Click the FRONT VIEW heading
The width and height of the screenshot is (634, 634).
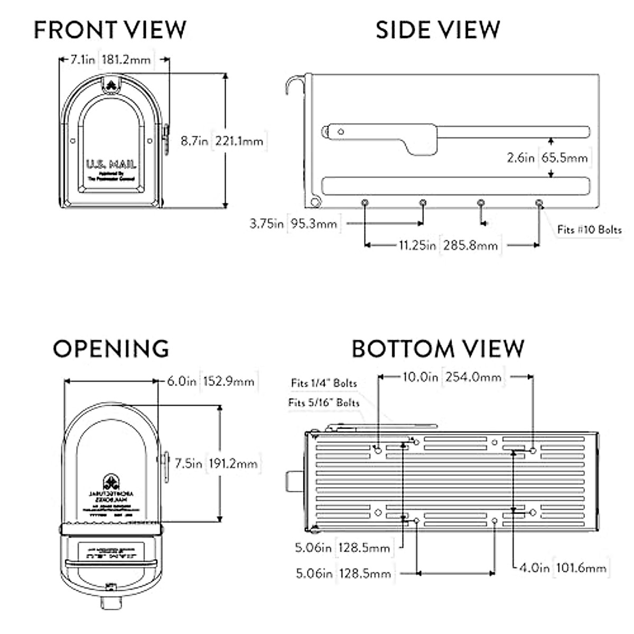(x=110, y=30)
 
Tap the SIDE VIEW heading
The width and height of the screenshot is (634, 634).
(x=437, y=30)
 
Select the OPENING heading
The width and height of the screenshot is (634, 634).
(x=111, y=349)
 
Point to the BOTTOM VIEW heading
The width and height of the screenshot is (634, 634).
(x=438, y=349)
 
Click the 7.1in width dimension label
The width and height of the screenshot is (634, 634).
(x=83, y=60)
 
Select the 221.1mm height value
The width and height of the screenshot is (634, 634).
(x=239, y=141)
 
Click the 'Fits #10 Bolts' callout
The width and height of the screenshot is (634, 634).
(x=589, y=230)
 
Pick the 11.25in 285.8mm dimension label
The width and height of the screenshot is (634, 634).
(x=448, y=245)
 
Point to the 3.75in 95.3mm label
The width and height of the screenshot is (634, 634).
(x=293, y=223)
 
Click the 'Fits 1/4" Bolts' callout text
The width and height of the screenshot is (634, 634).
(x=324, y=383)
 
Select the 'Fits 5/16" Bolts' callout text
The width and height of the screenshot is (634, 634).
(x=324, y=403)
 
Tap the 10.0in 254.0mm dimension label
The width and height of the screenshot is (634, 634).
(x=452, y=377)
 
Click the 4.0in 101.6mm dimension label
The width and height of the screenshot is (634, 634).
(x=562, y=568)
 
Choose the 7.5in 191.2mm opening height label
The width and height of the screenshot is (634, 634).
(x=216, y=463)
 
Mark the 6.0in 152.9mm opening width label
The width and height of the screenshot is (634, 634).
(x=211, y=381)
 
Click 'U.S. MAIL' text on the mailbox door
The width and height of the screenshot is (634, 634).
(x=111, y=165)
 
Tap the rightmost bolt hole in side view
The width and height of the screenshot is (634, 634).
(x=539, y=203)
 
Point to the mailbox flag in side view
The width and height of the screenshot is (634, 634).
(x=380, y=135)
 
